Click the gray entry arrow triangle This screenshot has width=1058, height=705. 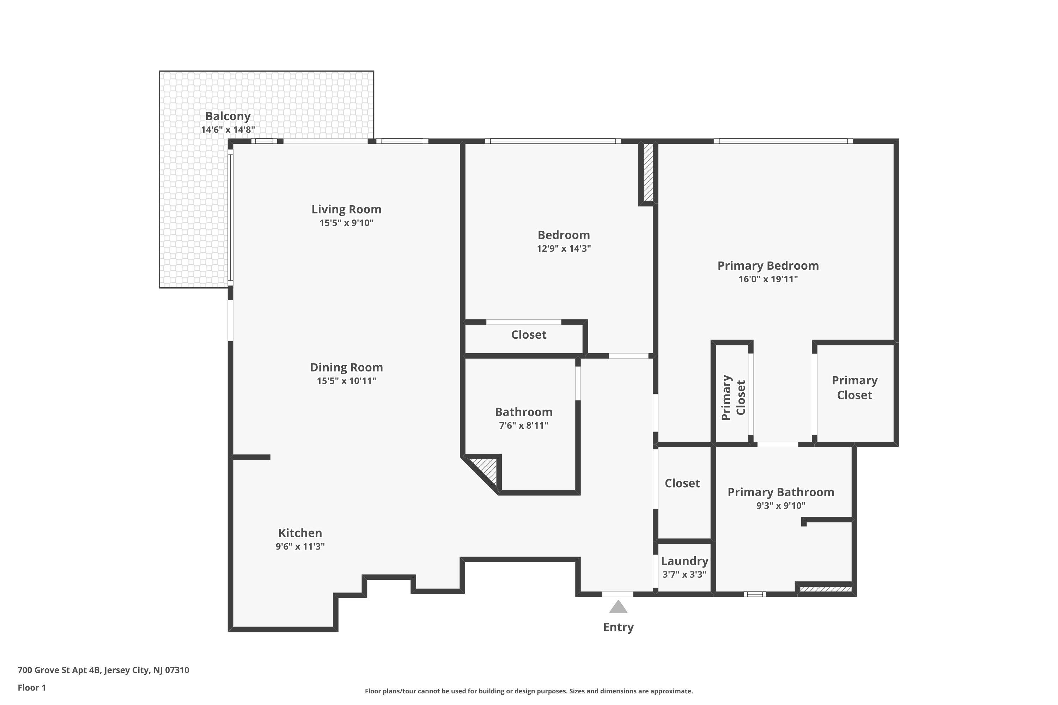(x=619, y=607)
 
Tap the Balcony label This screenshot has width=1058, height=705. (x=228, y=116)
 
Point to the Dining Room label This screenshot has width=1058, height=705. (x=346, y=367)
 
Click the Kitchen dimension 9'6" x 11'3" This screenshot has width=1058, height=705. (x=300, y=547)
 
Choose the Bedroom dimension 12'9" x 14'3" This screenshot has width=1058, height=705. (x=564, y=249)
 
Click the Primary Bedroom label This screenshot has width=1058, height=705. (x=768, y=266)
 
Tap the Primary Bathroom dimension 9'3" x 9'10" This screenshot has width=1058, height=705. (x=781, y=506)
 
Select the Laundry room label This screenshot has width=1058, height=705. (x=685, y=561)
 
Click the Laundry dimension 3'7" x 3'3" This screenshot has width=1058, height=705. (x=685, y=575)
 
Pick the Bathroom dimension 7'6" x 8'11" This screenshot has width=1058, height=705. (x=524, y=426)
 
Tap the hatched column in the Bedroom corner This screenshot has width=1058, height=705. (x=648, y=172)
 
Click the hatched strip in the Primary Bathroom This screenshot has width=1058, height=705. (x=826, y=589)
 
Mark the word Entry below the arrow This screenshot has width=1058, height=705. (x=619, y=627)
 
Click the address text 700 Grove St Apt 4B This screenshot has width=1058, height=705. (x=59, y=670)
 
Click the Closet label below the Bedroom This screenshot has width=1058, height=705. (x=529, y=335)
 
